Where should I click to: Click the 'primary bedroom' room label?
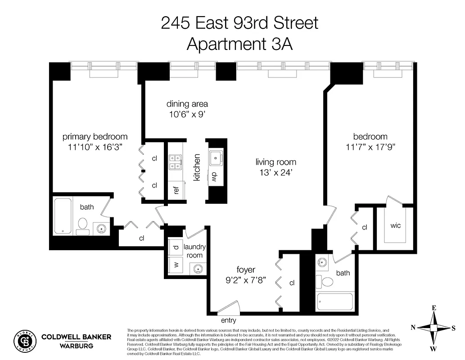[95, 136]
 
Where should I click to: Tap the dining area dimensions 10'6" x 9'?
[187, 114]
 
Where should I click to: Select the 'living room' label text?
[276, 162]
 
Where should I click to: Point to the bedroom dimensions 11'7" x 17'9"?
[370, 147]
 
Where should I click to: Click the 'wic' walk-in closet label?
[396, 225]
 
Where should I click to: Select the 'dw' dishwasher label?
[214, 176]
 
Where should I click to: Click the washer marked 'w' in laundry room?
[176, 264]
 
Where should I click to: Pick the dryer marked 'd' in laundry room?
[176, 247]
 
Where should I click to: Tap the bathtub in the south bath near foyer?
[335, 301]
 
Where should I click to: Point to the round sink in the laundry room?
[197, 269]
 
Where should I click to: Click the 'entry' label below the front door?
[228, 321]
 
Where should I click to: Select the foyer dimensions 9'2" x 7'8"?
[245, 279]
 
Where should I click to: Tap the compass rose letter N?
[413, 327]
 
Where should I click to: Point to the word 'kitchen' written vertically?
[197, 167]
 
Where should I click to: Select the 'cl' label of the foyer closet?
[292, 283]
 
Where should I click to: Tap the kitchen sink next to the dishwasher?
[215, 157]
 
